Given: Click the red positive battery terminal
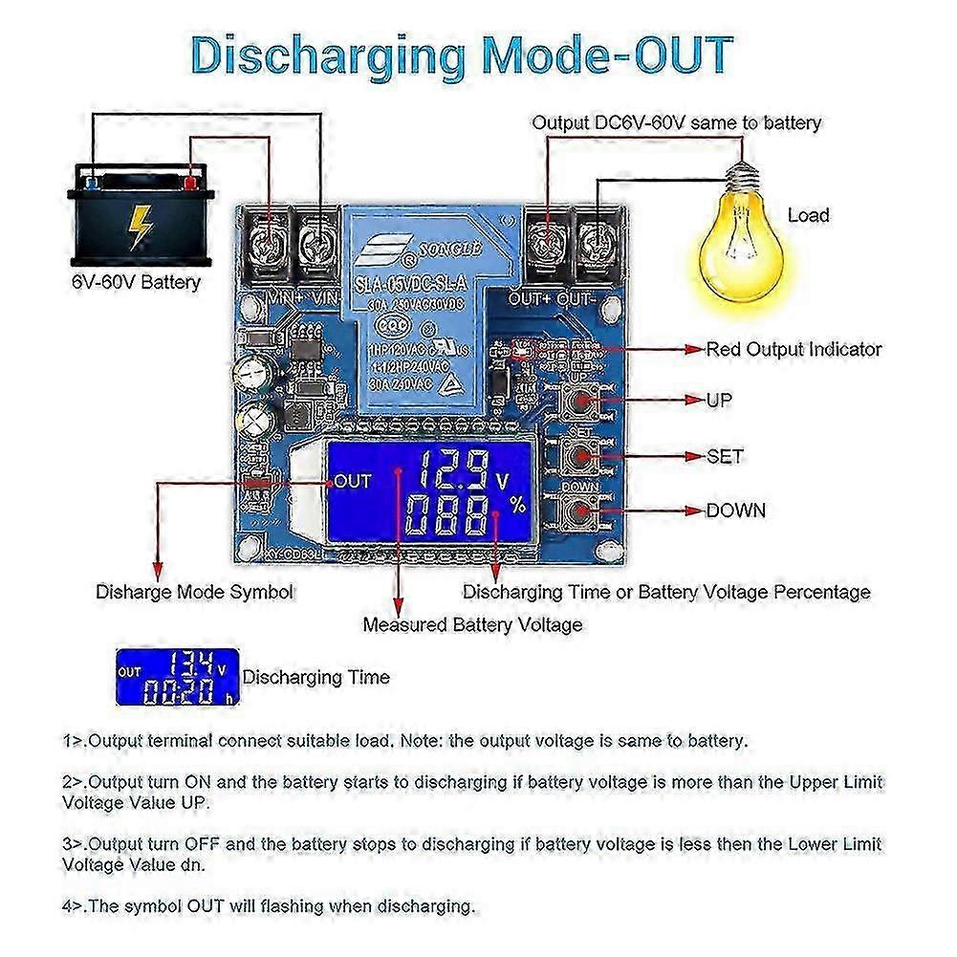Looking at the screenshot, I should tap(190, 183).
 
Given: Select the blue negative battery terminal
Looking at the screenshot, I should tap(92, 183).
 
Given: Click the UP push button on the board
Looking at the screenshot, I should tap(578, 400).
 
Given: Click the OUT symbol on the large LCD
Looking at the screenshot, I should tap(352, 481).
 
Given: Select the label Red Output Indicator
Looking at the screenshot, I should tap(794, 349).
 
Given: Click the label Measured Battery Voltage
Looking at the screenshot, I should tap(472, 624).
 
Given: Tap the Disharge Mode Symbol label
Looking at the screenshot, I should tap(194, 592).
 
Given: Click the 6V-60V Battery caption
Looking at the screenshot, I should tap(136, 282).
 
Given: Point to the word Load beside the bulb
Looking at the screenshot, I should tap(808, 215).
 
